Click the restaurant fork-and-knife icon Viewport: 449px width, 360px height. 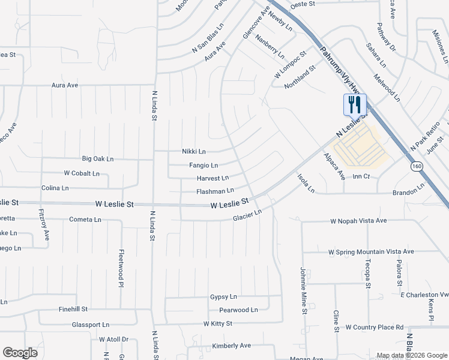[x=354, y=105]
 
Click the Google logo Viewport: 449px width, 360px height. [x=20, y=353]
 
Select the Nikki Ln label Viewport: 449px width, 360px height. [x=194, y=152]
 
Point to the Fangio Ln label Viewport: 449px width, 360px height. [x=203, y=165]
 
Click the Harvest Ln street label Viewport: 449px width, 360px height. [x=212, y=178]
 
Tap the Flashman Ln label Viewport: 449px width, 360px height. [x=215, y=191]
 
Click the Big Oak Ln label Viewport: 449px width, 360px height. [x=98, y=159]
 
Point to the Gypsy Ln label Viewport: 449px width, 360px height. [x=223, y=297]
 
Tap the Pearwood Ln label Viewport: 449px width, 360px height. [x=238, y=310]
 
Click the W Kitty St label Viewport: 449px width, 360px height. [x=217, y=323]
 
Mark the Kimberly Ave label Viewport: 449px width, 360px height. [x=232, y=346]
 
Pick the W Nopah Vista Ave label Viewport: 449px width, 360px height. [x=358, y=221]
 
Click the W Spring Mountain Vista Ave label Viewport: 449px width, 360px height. [x=371, y=251]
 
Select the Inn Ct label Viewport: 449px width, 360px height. [x=361, y=176]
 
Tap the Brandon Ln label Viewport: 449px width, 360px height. [x=408, y=193]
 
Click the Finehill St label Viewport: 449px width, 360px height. [x=73, y=309]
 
